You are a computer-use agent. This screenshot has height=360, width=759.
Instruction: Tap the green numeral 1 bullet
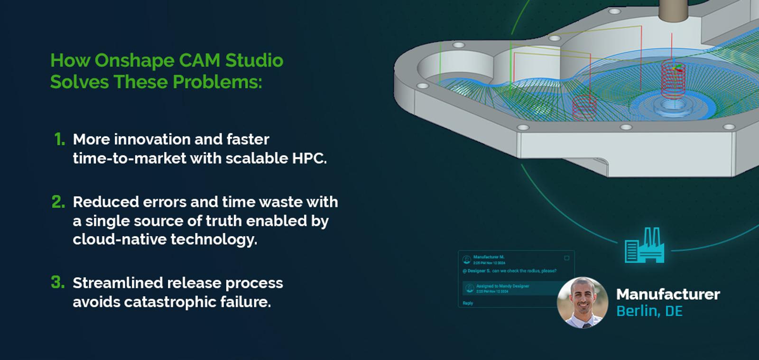(59, 139)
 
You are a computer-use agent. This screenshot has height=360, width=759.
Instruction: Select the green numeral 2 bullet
(58, 202)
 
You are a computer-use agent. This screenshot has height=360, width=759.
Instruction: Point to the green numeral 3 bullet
(58, 283)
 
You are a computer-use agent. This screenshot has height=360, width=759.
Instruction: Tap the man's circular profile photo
(583, 303)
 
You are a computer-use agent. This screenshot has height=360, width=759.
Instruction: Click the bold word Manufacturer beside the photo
(668, 295)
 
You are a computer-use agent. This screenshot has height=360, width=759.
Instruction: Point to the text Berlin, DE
(649, 312)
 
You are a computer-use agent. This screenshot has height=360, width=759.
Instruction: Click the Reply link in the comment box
(468, 303)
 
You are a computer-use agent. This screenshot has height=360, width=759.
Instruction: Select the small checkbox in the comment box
(566, 258)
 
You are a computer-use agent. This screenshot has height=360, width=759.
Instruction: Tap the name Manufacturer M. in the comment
(489, 257)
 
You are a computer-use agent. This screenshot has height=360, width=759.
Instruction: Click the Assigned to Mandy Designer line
(502, 286)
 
